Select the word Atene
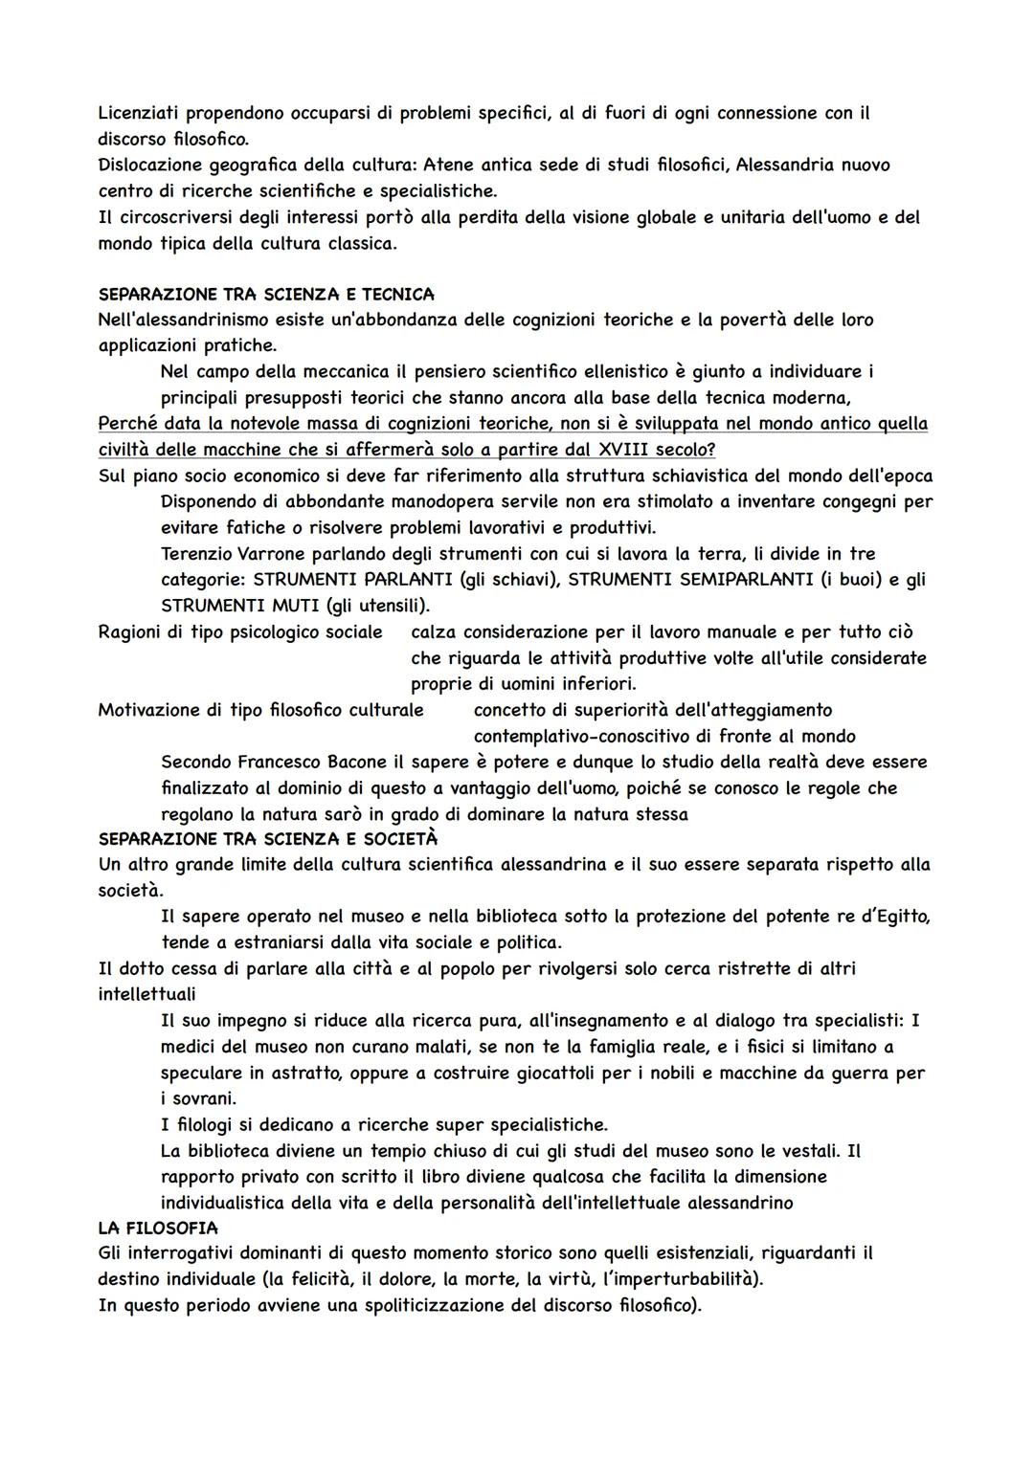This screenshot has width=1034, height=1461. pos(449,165)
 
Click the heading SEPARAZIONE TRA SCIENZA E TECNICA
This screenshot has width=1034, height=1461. pos(266,294)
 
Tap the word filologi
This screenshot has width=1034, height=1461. pos(211,1124)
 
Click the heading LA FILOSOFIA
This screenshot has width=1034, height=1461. pos(158,1228)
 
